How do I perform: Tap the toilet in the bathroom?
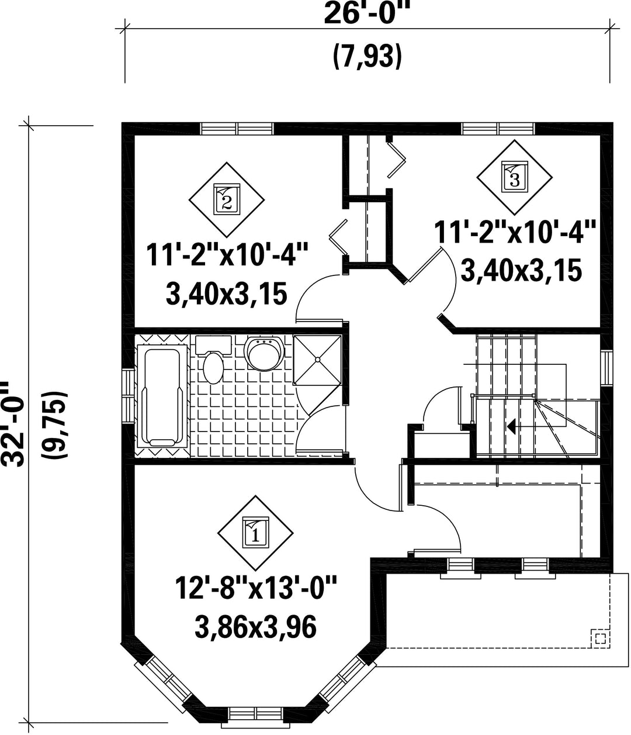[213, 358]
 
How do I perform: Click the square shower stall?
[317, 360]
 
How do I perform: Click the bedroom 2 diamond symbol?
[227, 199]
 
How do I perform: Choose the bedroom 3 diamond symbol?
[515, 177]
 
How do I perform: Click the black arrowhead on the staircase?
[511, 426]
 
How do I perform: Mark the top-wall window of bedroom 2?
[237, 129]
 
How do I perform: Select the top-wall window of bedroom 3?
[498, 129]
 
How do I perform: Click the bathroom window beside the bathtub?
[128, 396]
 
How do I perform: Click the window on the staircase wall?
[607, 368]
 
